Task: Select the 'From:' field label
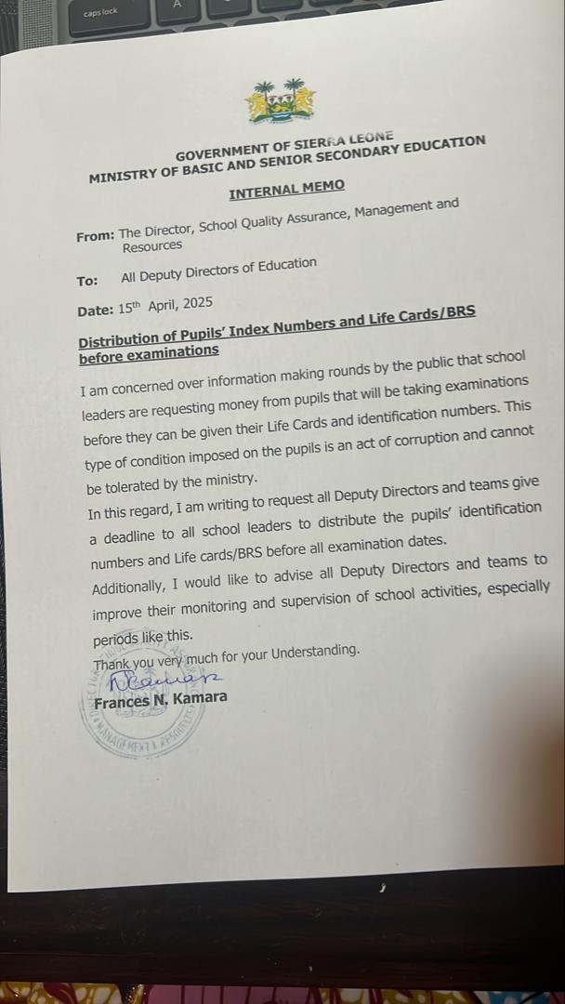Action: tap(95, 236)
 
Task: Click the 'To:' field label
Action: tap(86, 280)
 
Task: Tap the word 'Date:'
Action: tap(96, 310)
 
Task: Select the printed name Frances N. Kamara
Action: tap(160, 700)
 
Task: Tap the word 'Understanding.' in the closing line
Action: tap(315, 651)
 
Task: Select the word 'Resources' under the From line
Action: tap(152, 245)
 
